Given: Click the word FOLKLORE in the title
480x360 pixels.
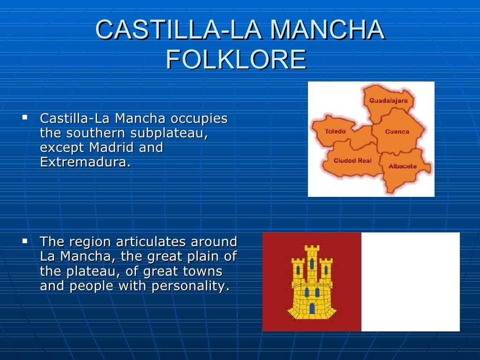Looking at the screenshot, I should (x=236, y=60).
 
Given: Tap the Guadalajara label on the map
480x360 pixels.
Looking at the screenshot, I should (x=388, y=101).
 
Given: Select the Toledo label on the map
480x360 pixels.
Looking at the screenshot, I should (x=335, y=131).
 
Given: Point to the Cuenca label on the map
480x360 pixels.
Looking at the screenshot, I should (x=397, y=132).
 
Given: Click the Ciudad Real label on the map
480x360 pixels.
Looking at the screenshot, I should (x=352, y=160).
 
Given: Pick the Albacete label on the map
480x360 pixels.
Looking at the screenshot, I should (x=402, y=166).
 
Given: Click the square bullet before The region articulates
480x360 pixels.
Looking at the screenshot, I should (x=25, y=242).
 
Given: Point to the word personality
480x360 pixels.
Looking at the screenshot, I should (x=191, y=286).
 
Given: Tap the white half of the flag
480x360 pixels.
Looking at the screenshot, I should (x=410, y=282).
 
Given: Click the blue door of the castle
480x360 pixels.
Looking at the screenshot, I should (x=312, y=308).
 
